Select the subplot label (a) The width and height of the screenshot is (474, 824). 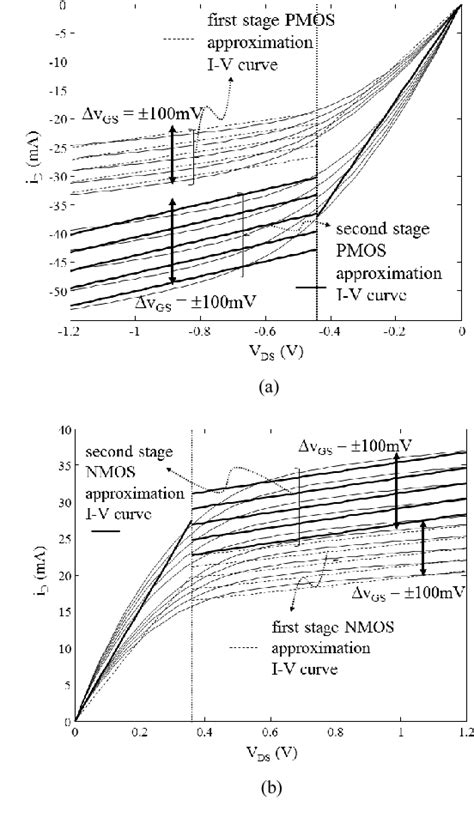pyautogui.click(x=266, y=380)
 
